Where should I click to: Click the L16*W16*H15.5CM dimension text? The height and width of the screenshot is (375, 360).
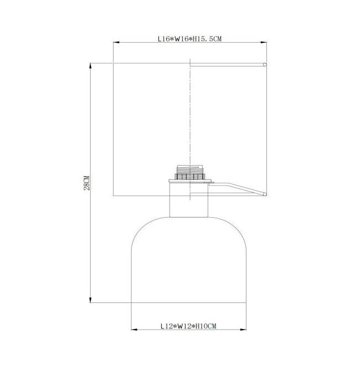tap(189, 39)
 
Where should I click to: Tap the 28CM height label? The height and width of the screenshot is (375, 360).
tap(86, 183)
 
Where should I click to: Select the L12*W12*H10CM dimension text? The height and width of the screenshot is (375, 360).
tap(188, 326)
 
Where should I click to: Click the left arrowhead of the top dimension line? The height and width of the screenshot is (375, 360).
tap(116, 43)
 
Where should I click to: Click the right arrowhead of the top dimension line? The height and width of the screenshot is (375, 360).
tap(264, 43)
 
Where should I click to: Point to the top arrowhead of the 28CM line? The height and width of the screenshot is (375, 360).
tap(90, 66)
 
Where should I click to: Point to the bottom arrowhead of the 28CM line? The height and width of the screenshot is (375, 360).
tap(90, 300)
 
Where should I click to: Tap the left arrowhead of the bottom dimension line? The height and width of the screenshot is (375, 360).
tap(134, 330)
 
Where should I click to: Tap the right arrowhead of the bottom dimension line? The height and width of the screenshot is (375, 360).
tap(243, 330)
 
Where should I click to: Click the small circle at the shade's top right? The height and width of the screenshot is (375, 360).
tap(265, 65)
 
